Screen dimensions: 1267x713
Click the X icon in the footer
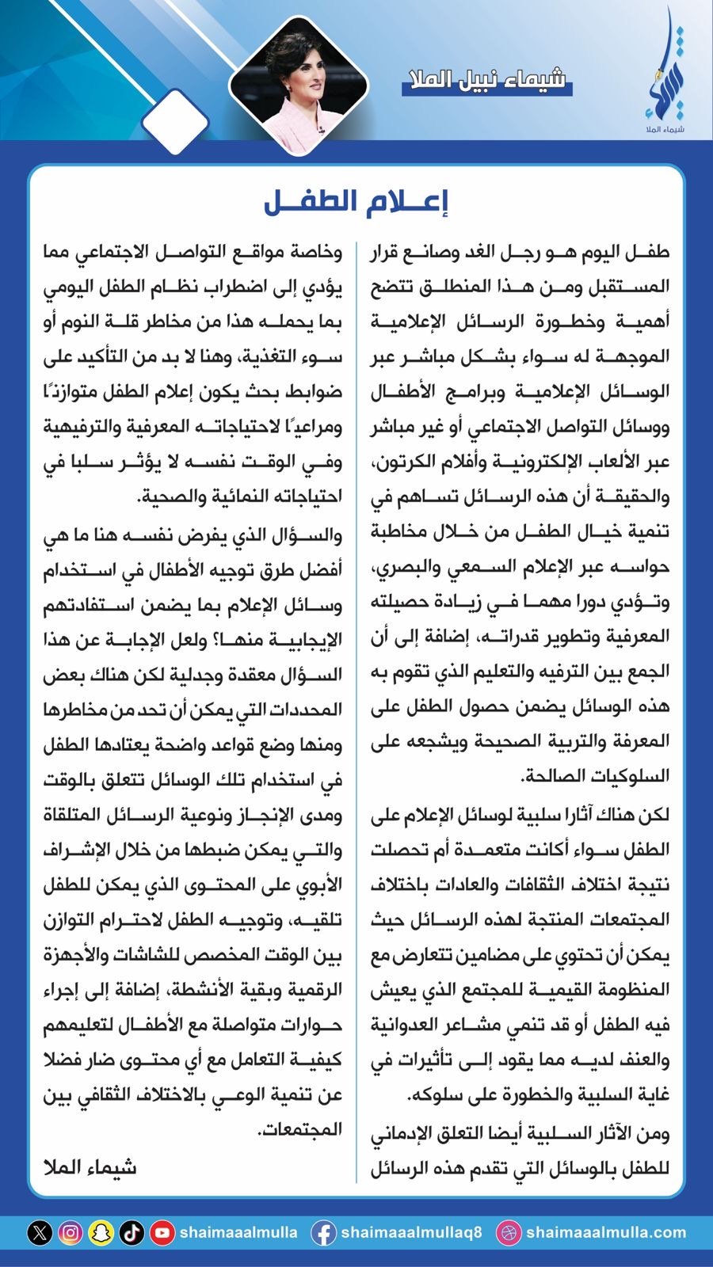(40, 1232)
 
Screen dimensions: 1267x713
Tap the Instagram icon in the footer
(71, 1232)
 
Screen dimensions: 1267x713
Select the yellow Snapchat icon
(101, 1232)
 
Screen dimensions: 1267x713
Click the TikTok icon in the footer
(132, 1232)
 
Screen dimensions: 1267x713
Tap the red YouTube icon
(162, 1232)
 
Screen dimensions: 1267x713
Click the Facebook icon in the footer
(323, 1232)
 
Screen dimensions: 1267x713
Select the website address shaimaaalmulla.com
(606, 1232)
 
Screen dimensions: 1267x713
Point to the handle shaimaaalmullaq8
(411, 1232)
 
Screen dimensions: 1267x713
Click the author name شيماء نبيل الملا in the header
(486, 81)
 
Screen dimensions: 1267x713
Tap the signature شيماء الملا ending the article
(90, 1166)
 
